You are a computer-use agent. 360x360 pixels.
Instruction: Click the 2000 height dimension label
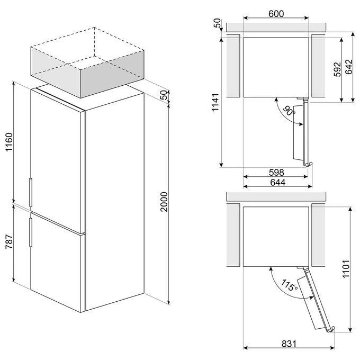point(164,202)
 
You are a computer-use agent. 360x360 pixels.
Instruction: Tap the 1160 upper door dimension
point(9,142)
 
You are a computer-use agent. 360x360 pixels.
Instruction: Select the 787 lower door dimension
point(9,241)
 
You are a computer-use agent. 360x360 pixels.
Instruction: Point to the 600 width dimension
point(276,14)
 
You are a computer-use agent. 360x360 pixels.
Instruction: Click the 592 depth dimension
point(337,69)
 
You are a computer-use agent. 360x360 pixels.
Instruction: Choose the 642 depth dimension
point(348,67)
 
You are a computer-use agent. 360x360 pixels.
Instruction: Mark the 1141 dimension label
point(215,102)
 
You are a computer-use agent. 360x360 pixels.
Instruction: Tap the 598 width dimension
point(277,172)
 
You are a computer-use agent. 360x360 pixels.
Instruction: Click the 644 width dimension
point(278,182)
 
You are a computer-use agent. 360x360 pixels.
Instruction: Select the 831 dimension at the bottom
point(289,344)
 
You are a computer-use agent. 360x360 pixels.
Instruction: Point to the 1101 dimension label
point(346,269)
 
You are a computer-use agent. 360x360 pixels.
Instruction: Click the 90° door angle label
point(289,111)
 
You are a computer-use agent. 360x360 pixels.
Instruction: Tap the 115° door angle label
point(289,285)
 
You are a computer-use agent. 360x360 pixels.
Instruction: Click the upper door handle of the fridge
point(31,192)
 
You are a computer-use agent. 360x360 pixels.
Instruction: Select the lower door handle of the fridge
point(31,232)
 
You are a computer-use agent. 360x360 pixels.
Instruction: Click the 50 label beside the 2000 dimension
point(164,95)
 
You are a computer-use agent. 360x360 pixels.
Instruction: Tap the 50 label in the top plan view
point(217,23)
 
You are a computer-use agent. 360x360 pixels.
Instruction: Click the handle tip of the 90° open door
point(311,164)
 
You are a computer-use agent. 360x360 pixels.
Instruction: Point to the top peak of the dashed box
point(94,28)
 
